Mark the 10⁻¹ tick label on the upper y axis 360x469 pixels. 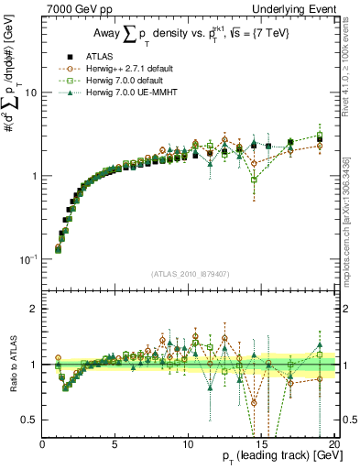pos(29,258)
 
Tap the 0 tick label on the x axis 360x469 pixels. pos(42,445)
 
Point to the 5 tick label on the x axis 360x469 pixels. pos(115,445)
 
